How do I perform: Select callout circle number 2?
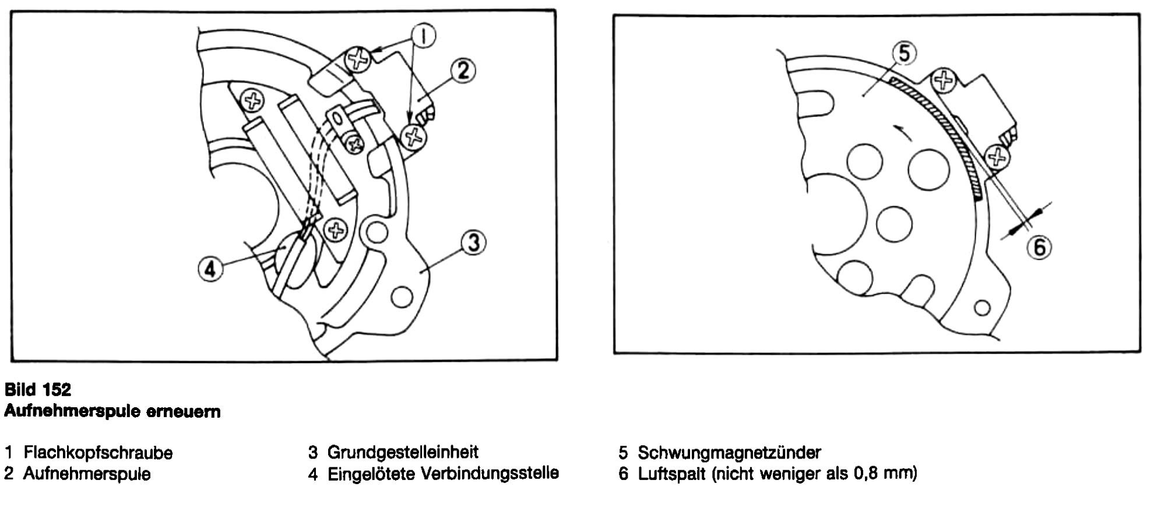[463, 70]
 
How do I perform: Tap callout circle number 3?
[473, 242]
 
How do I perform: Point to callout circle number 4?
[210, 269]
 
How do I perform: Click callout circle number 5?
[904, 54]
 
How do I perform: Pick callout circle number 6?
[1039, 248]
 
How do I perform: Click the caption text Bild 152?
[38, 389]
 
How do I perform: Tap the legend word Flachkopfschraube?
[98, 453]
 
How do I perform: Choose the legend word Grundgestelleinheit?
[403, 452]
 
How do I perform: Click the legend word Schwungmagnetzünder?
[729, 453]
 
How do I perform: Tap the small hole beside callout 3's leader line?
[401, 297]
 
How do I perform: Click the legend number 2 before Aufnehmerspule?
[9, 474]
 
